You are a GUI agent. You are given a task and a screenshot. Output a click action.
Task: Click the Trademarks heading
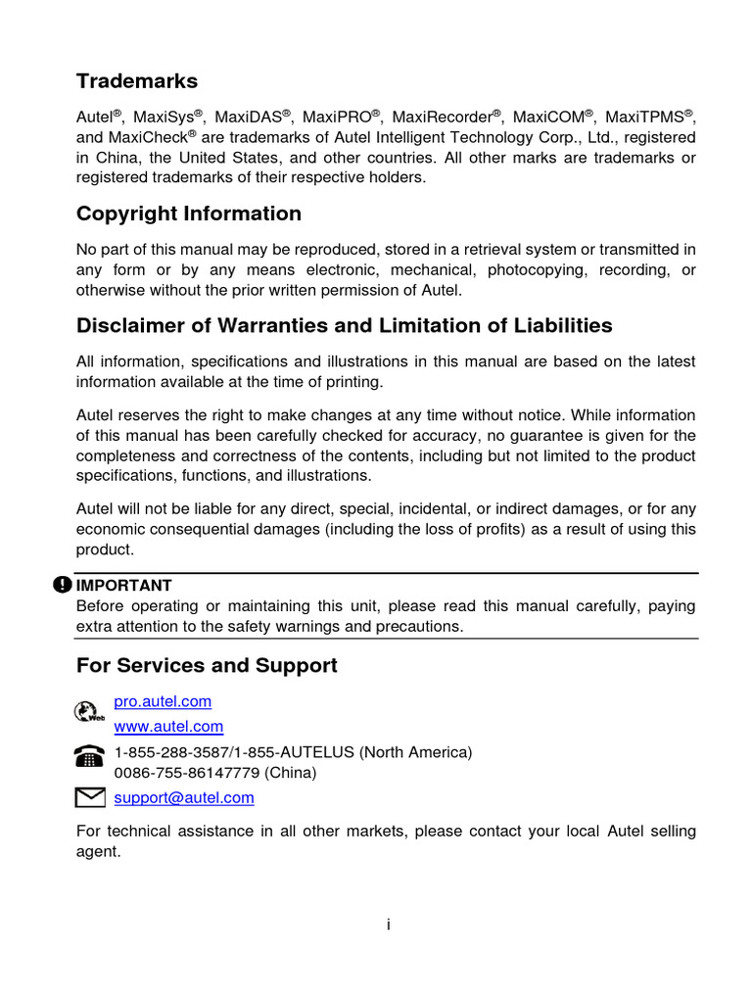click(x=137, y=80)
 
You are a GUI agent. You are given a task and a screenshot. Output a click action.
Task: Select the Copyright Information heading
click(x=189, y=214)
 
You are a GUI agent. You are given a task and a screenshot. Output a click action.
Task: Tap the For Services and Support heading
click(x=207, y=666)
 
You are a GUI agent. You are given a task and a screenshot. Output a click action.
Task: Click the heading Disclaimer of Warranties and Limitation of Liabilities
click(x=345, y=325)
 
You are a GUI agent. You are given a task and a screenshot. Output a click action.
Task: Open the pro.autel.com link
click(x=163, y=702)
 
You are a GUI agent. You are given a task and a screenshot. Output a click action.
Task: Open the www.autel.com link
click(x=168, y=727)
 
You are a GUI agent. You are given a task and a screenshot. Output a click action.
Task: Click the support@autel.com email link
click(x=184, y=798)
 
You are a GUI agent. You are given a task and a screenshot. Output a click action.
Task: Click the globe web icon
click(x=88, y=712)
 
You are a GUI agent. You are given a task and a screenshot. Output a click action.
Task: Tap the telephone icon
click(x=89, y=756)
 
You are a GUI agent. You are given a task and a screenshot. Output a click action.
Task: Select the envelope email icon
click(x=89, y=798)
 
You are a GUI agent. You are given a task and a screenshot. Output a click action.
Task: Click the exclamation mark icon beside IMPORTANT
click(x=63, y=585)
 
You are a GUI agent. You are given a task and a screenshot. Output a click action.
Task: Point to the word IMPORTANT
click(x=124, y=586)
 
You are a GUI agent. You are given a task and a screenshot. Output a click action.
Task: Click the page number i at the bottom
click(x=388, y=924)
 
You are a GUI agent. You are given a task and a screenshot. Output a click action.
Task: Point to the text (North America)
click(x=416, y=752)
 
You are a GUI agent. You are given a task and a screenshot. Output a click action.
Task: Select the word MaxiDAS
click(x=249, y=117)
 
